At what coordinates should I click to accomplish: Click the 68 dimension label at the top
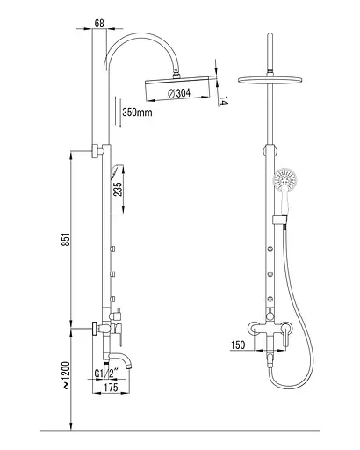pyautogui.click(x=99, y=24)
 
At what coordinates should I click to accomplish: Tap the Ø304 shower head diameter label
pyautogui.click(x=179, y=93)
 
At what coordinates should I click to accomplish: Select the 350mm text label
pyautogui.click(x=137, y=112)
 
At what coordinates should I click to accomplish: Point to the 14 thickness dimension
pyautogui.click(x=223, y=101)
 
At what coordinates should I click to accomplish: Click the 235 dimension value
pyautogui.click(x=118, y=190)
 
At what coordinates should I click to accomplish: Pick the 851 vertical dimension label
pyautogui.click(x=67, y=239)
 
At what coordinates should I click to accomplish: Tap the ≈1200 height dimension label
pyautogui.click(x=67, y=375)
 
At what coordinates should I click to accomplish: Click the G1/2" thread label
pyautogui.click(x=106, y=374)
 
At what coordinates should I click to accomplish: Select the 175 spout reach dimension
pyautogui.click(x=111, y=388)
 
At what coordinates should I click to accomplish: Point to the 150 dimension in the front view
pyautogui.click(x=238, y=345)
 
